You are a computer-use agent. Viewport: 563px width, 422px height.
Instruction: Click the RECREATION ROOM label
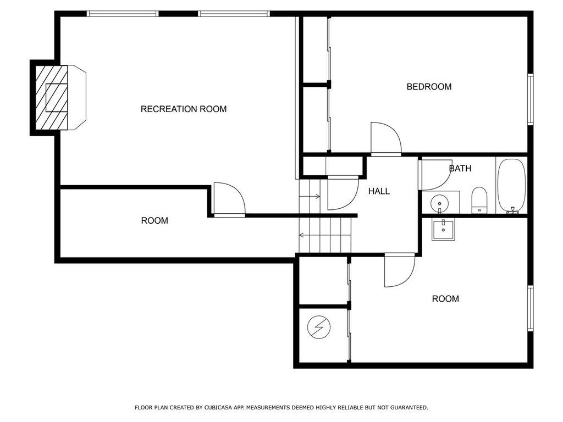(184, 109)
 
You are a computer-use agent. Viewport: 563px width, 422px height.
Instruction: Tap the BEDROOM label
(429, 87)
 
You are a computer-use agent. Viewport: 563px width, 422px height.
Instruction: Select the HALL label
(379, 191)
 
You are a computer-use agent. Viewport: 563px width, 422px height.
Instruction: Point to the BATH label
(460, 168)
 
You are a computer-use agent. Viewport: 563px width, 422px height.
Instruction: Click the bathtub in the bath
(512, 186)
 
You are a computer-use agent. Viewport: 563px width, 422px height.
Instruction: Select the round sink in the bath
(439, 204)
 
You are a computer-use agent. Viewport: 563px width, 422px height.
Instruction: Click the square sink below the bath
(443, 230)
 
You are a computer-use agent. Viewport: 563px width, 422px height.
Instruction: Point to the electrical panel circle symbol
(319, 327)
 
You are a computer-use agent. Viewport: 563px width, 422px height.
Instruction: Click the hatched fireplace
(51, 98)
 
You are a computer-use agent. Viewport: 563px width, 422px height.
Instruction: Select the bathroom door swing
(436, 175)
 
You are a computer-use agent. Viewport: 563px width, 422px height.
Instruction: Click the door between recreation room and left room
(229, 199)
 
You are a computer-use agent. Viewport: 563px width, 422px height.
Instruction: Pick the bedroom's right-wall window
(531, 99)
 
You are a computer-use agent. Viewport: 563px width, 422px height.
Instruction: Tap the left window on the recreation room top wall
(123, 14)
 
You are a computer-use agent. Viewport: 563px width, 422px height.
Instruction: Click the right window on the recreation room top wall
(233, 14)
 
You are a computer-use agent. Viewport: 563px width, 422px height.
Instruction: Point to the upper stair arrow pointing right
(310, 196)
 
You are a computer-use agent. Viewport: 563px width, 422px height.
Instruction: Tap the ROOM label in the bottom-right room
(445, 299)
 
